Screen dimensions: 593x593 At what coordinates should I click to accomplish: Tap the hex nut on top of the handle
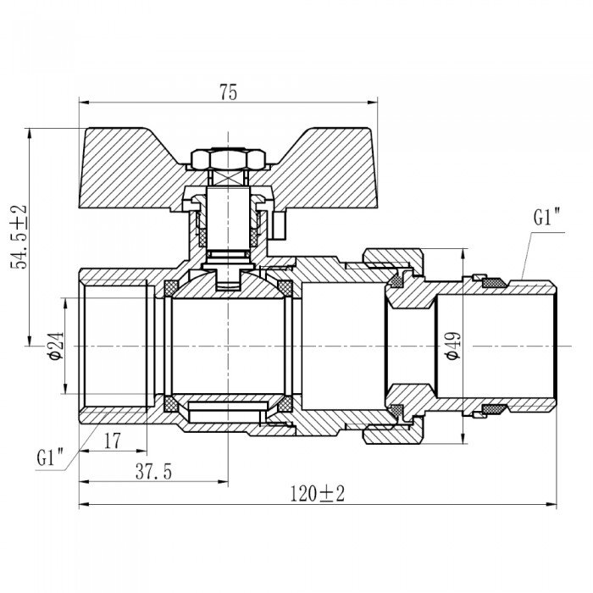[217, 158]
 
